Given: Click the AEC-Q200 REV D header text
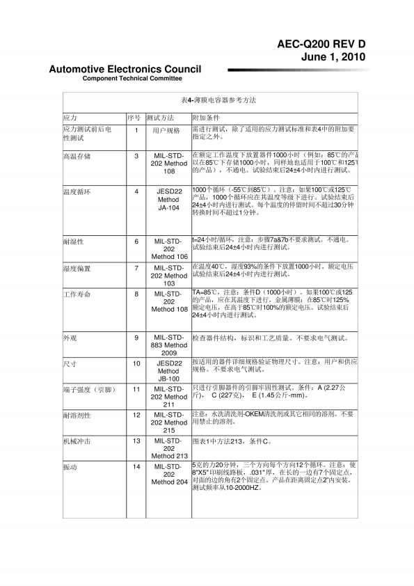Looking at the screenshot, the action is (321, 44).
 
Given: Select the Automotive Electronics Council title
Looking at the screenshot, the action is (125, 69).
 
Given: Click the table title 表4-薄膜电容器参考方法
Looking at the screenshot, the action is (210, 101).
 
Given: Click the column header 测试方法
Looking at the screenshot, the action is (160, 118).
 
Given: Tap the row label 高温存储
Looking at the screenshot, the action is (77, 156).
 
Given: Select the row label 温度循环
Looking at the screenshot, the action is (77, 191).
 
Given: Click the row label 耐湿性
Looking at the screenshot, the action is (73, 241).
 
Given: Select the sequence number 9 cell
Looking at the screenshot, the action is (136, 338).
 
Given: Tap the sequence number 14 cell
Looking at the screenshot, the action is (136, 466).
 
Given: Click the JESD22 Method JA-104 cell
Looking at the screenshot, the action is (169, 199).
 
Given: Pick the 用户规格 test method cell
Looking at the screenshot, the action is (166, 130).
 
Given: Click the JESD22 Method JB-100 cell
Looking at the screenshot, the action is (169, 371).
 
